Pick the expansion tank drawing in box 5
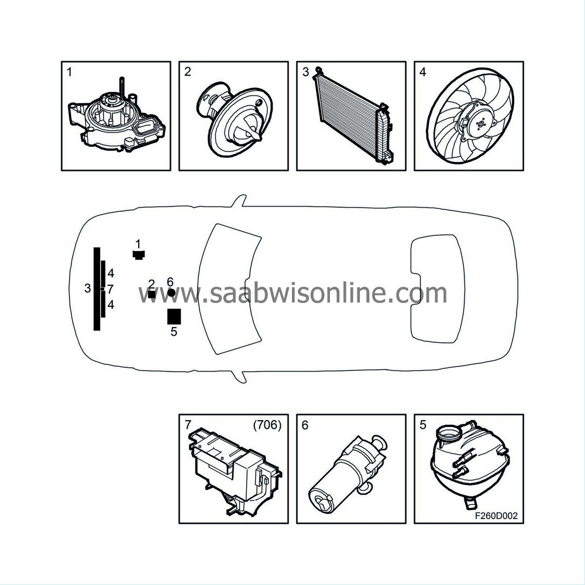click(x=467, y=462)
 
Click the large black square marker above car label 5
click(x=174, y=316)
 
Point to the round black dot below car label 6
click(x=171, y=292)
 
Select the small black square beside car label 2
click(x=152, y=294)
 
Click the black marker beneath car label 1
click(x=138, y=254)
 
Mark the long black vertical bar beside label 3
click(x=97, y=289)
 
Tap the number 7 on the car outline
click(x=110, y=289)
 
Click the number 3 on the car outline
click(x=87, y=288)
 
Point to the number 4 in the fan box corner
click(x=422, y=73)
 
